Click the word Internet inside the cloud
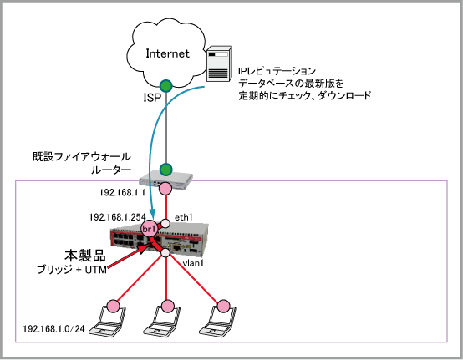(167, 53)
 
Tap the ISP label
(152, 98)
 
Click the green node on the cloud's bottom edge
(166, 85)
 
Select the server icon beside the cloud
(219, 63)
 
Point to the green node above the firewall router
(166, 170)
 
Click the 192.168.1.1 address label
(123, 193)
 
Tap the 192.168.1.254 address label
(118, 217)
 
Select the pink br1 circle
(149, 229)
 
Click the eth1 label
(184, 217)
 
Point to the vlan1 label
(193, 263)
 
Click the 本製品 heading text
(85, 256)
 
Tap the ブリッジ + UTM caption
(72, 270)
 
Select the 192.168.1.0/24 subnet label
(53, 329)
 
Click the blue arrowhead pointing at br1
(152, 213)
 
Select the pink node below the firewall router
(165, 189)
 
